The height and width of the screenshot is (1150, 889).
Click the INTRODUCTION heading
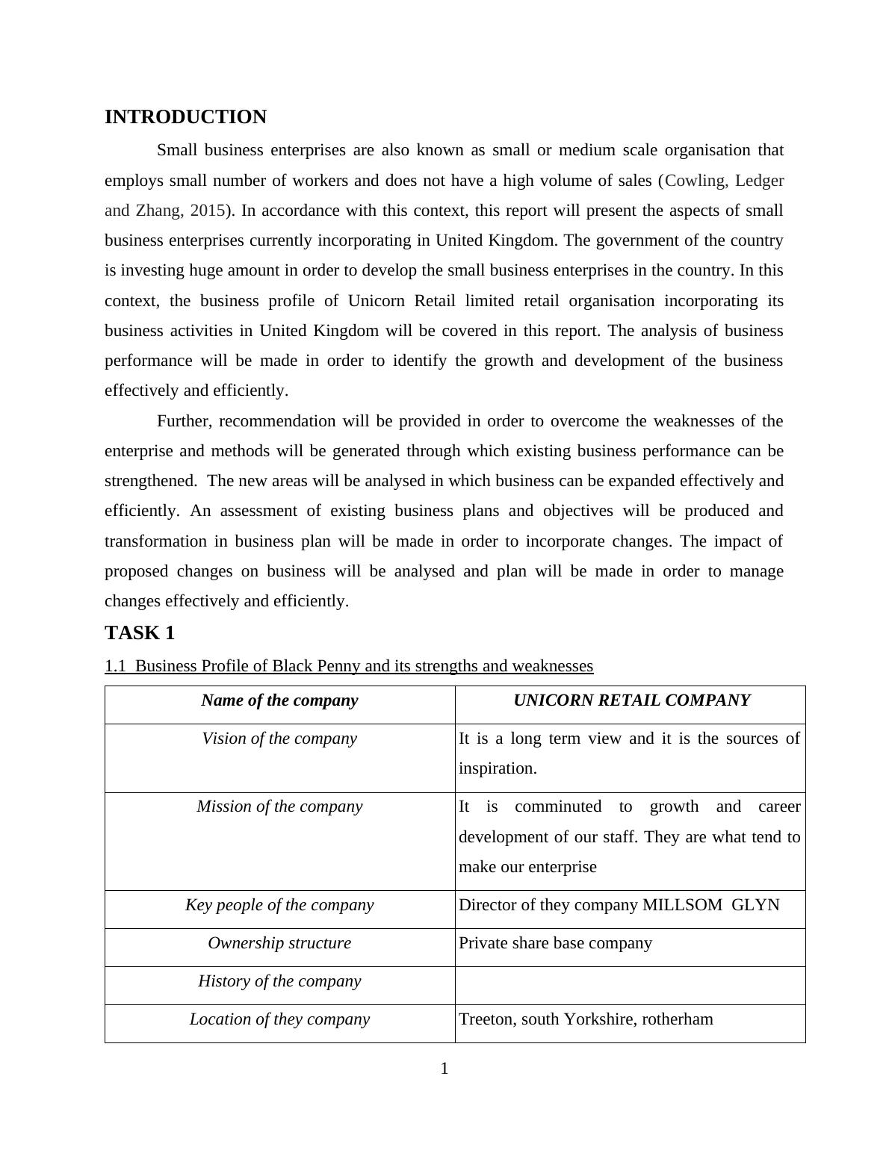pyautogui.click(x=185, y=117)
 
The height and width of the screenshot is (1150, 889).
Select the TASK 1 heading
pyautogui.click(x=140, y=632)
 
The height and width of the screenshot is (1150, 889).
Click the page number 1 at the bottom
pyautogui.click(x=444, y=1069)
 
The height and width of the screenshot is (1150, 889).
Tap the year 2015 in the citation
pyautogui.click(x=207, y=211)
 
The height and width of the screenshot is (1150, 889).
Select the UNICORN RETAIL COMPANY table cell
pyautogui.click(x=631, y=700)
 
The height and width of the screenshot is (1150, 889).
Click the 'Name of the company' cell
pyautogui.click(x=279, y=700)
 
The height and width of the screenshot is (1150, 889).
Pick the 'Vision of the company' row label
pyautogui.click(x=279, y=739)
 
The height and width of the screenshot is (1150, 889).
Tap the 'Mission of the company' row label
pyautogui.click(x=279, y=806)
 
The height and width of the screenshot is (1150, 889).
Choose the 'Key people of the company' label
pyautogui.click(x=279, y=905)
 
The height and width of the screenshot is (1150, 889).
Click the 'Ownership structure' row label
pyautogui.click(x=279, y=943)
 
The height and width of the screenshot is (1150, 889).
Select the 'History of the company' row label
pyautogui.click(x=279, y=981)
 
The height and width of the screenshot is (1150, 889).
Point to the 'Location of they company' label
pyautogui.click(x=279, y=1019)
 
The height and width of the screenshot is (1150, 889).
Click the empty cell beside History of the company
pyautogui.click(x=630, y=985)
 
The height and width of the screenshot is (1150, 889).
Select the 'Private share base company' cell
pyautogui.click(x=555, y=943)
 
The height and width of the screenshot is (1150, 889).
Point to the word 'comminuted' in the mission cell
pyautogui.click(x=557, y=806)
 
